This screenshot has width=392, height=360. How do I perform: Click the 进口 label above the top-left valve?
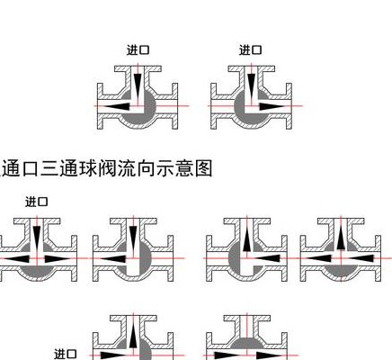click(x=138, y=49)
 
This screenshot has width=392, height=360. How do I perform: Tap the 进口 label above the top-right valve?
click(x=250, y=49)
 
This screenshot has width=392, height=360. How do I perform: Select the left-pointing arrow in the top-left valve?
click(x=118, y=106)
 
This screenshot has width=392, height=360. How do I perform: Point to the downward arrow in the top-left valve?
click(x=138, y=86)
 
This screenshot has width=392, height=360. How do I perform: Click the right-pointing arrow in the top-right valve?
click(x=272, y=106)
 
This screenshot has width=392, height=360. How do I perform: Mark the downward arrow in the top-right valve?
click(x=251, y=86)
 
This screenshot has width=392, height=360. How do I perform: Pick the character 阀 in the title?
click(x=107, y=168)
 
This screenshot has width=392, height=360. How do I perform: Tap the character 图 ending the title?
click(x=203, y=168)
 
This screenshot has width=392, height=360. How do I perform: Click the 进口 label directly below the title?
click(x=37, y=202)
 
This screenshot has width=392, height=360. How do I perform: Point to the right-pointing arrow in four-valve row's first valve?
click(x=58, y=258)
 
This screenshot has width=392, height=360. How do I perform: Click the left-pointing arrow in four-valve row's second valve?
click(x=112, y=258)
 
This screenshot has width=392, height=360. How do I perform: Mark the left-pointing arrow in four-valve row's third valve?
click(x=267, y=258)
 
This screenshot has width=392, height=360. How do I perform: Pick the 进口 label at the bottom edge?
click(x=66, y=354)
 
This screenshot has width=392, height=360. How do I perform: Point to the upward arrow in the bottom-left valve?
click(x=133, y=336)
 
